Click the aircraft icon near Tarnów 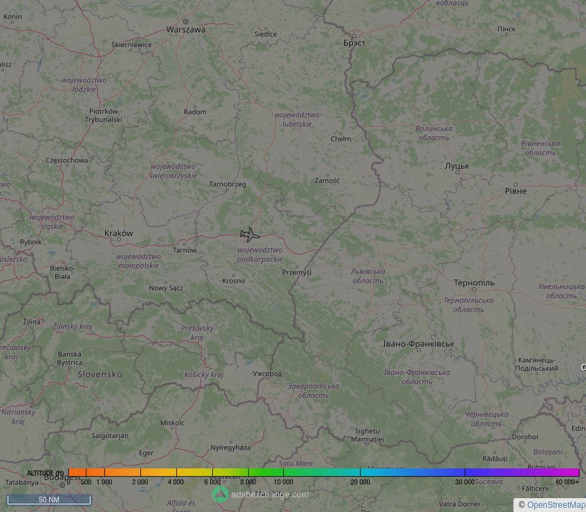click(249, 234)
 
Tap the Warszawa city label click(186, 30)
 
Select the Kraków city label click(118, 233)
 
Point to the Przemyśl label click(297, 273)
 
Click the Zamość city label click(327, 181)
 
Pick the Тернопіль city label click(474, 284)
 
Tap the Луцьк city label click(457, 166)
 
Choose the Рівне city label click(516, 191)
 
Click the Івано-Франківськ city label click(419, 344)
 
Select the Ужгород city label click(267, 374)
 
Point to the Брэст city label click(354, 42)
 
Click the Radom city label click(195, 112)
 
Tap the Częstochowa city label click(66, 161)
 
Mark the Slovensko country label click(100, 374)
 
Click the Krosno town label click(234, 281)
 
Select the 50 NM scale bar click(48, 499)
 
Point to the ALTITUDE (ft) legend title click(46, 473)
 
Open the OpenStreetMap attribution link click(556, 505)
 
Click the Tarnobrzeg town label click(227, 184)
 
